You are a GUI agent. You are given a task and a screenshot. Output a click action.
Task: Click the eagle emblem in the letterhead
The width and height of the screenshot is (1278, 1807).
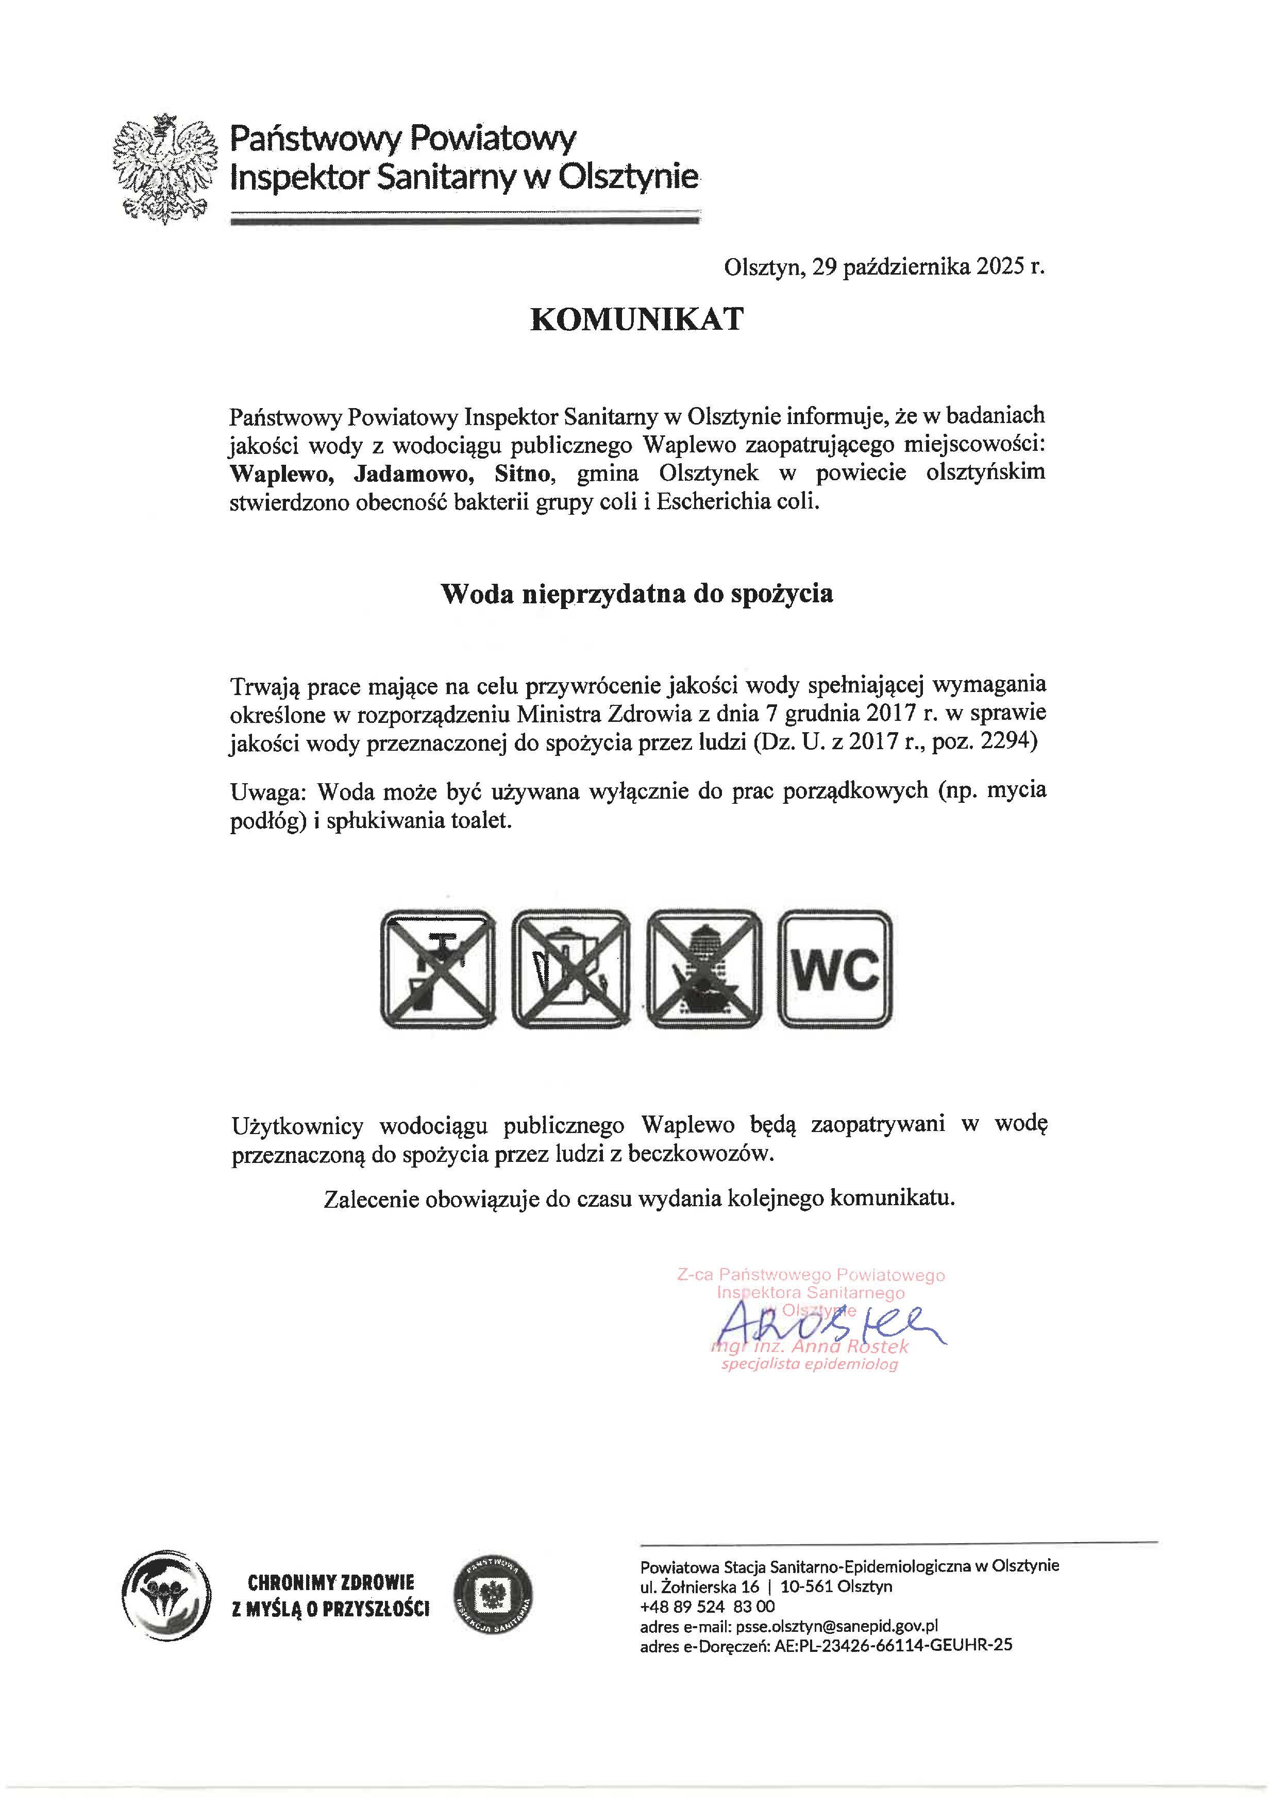[x=164, y=169]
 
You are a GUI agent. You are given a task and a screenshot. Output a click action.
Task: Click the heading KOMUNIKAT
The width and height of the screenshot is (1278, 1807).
[x=636, y=319]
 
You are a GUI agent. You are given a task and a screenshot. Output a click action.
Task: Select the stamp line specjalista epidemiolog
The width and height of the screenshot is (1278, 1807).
[x=810, y=1364]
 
